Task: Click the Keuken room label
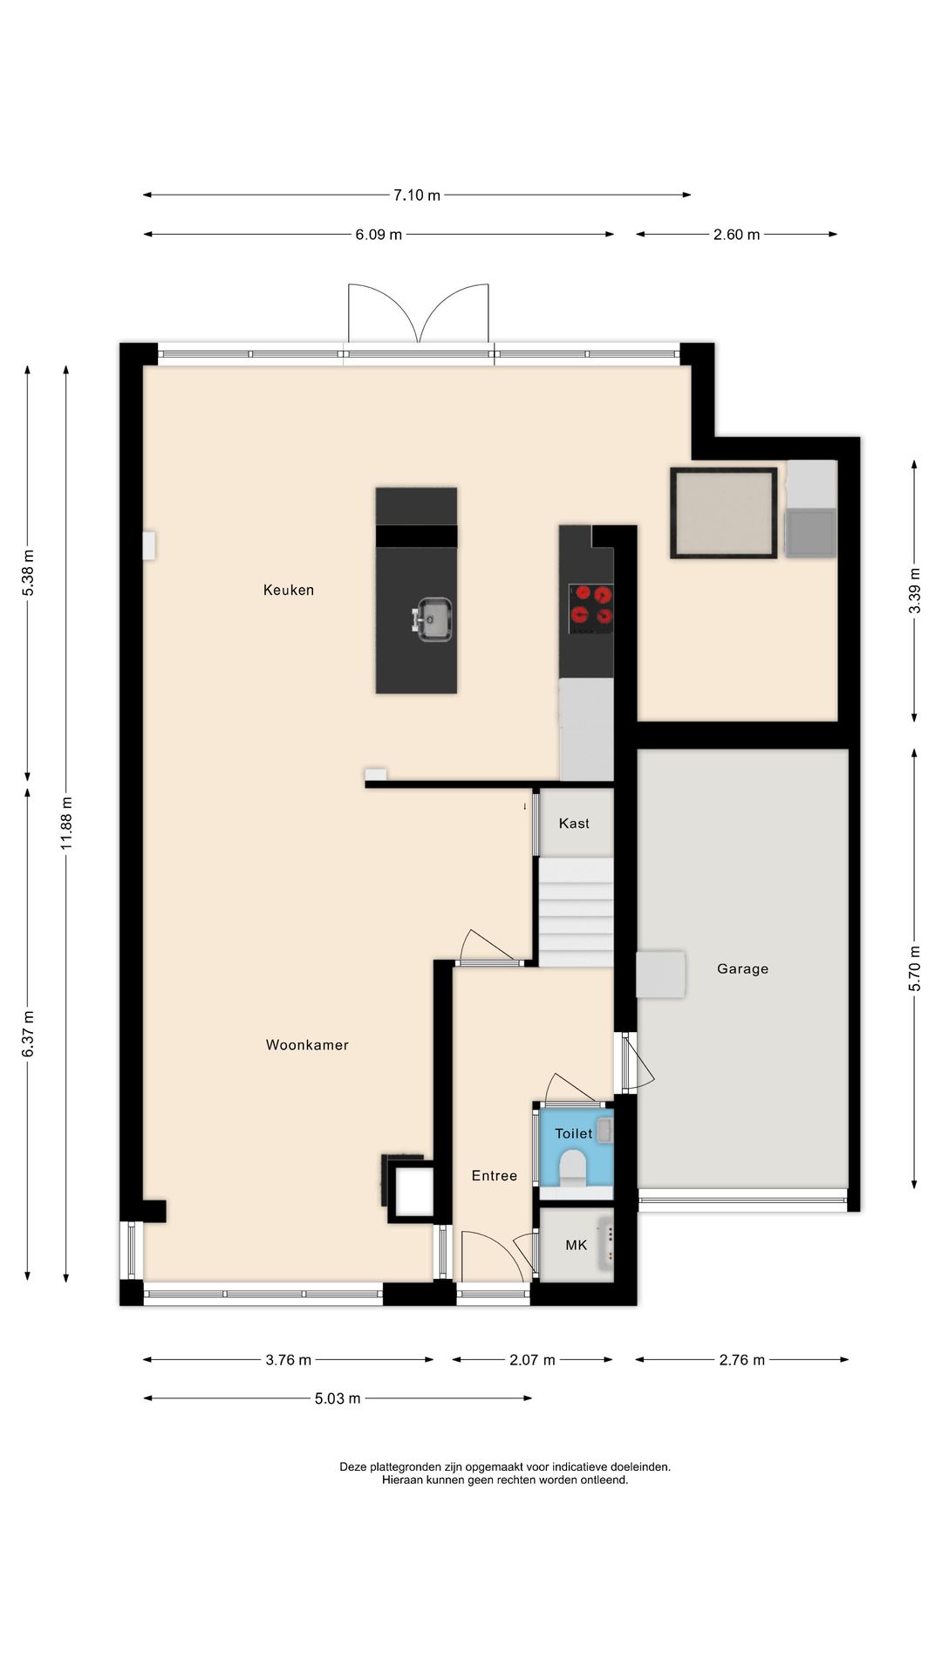[x=289, y=590]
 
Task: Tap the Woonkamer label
[x=307, y=1044]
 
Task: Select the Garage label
[x=742, y=968]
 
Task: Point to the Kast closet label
[x=574, y=823]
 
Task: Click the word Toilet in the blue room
[x=573, y=1133]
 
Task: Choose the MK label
[x=576, y=1245]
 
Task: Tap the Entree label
[x=495, y=1175]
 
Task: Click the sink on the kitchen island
[x=433, y=619]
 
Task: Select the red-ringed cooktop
[x=590, y=608]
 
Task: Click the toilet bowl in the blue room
[x=572, y=1166]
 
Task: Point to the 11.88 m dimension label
[x=67, y=824]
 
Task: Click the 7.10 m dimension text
[x=416, y=195]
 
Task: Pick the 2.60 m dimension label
[x=736, y=235]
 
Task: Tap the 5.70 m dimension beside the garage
[x=915, y=968]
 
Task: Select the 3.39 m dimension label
[x=915, y=591]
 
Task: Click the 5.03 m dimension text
[x=338, y=1398]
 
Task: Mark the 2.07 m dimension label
[x=532, y=1360]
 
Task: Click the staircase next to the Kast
[x=576, y=912]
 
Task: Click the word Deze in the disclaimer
[x=353, y=1466]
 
